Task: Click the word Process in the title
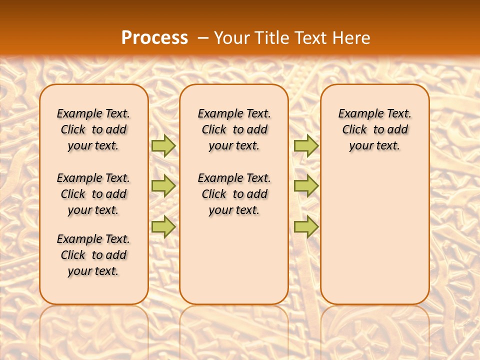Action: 154,37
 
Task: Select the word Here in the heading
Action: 352,37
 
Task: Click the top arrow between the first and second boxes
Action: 163,145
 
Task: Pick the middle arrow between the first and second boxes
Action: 163,186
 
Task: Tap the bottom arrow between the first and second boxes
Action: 163,226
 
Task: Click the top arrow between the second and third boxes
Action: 306,145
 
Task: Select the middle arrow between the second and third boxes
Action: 306,186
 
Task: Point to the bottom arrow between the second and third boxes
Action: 306,226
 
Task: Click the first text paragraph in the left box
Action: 93,129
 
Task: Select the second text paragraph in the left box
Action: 93,194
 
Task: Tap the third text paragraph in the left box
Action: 93,255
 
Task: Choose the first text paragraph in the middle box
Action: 234,129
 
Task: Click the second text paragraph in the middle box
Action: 234,194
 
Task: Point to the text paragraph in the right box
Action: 375,129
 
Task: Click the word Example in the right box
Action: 358,113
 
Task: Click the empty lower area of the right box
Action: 375,235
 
